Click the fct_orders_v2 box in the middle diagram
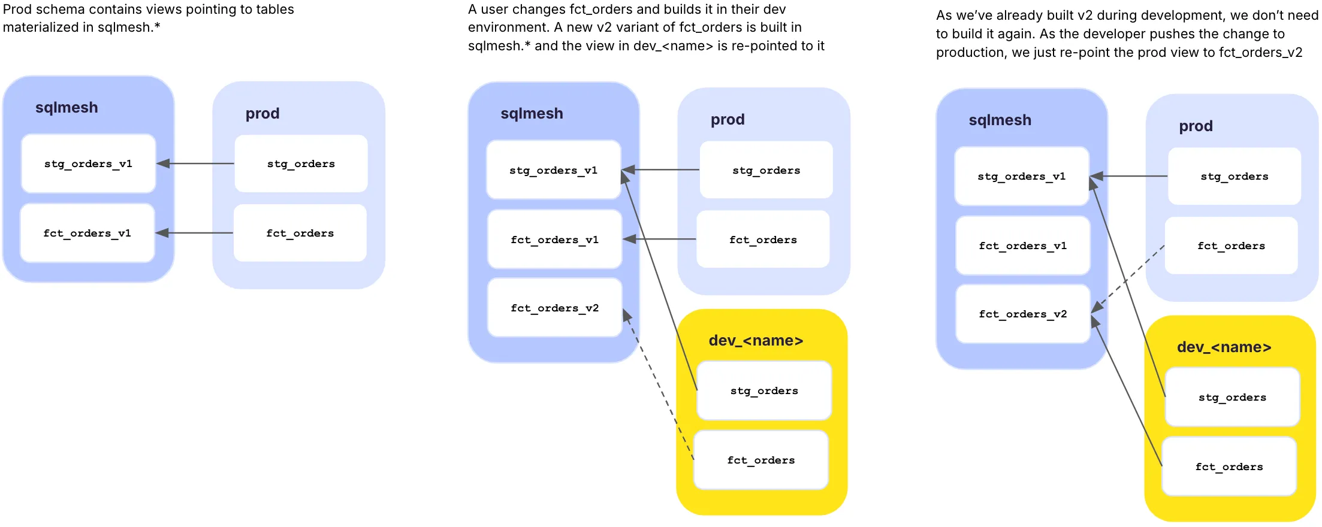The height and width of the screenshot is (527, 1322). pos(554,308)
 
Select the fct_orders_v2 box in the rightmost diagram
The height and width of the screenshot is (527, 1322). pos(1022,314)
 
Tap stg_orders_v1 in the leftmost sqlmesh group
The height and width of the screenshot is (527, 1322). pos(88,163)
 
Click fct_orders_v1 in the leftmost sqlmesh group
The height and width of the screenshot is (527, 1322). pos(87,233)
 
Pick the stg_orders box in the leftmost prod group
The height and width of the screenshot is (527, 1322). pos(301,163)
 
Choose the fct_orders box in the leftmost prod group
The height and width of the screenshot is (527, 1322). pos(300,233)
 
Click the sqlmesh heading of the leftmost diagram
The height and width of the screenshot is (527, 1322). pos(67,108)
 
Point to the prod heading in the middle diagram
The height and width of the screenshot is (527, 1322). pos(728,120)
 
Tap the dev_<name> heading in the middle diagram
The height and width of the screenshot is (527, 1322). pos(756,341)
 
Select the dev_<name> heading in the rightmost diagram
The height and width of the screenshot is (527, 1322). pos(1224,347)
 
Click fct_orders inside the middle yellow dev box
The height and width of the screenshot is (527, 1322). pos(761,460)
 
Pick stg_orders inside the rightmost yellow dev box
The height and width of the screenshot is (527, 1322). pos(1232,397)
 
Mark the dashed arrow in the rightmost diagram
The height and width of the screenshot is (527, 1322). pos(1128,279)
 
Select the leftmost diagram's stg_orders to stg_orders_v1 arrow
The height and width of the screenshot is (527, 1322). pos(195,163)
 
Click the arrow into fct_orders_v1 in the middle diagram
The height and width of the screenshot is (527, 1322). pos(659,239)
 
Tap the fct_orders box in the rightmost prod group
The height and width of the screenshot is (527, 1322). pos(1231,246)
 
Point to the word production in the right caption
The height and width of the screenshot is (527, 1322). pos(971,53)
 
